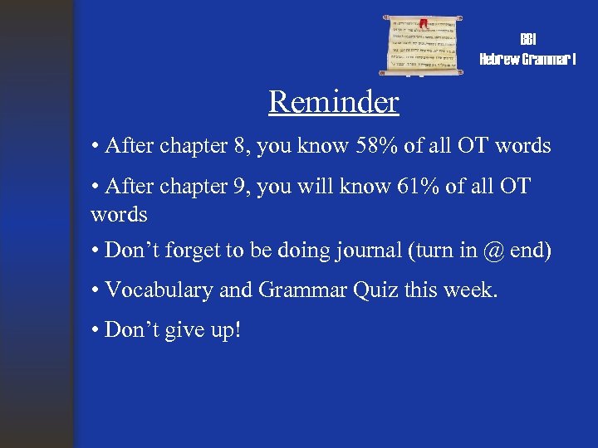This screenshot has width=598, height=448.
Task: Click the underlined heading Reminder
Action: click(333, 102)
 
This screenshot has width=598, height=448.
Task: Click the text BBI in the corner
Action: click(527, 40)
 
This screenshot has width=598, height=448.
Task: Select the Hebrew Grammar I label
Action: click(527, 59)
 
